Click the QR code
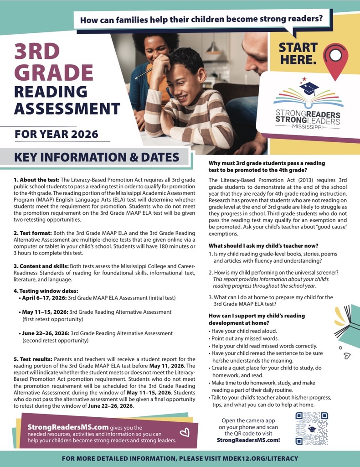pyautogui.click(x=312, y=428)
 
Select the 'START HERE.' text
pyautogui.click(x=298, y=53)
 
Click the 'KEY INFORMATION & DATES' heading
pyautogui.click(x=97, y=157)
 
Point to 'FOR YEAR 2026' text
pyautogui.click(x=56, y=134)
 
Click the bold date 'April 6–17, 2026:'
pyautogui.click(x=45, y=298)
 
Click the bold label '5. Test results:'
pyautogui.click(x=33, y=359)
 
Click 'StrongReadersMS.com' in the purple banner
pyautogui.click(x=68, y=427)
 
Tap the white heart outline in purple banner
pyautogui.click(x=185, y=432)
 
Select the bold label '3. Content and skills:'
pyautogui.click(x=41, y=266)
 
